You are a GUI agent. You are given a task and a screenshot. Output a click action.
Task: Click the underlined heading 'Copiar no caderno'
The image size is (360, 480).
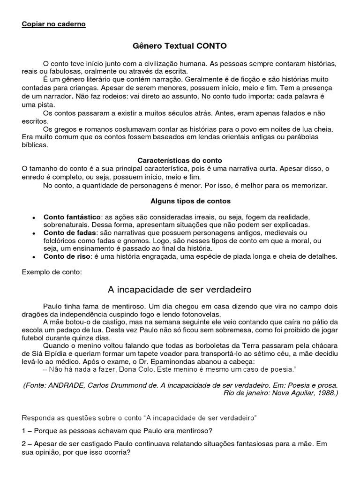(54, 24)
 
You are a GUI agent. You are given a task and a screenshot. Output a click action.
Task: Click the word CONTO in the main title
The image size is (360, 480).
(211, 46)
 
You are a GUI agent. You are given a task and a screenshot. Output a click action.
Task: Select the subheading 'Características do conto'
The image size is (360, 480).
(180, 160)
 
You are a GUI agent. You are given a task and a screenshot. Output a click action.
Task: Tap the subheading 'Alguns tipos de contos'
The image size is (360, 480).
(184, 201)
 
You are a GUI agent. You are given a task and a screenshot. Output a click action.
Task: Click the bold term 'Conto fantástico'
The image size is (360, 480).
(72, 217)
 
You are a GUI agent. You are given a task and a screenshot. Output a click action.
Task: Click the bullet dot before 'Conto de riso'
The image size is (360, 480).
(33, 257)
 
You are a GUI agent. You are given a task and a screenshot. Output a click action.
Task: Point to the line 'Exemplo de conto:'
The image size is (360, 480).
(52, 272)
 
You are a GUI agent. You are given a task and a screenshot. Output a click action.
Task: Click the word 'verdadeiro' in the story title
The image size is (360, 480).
(226, 289)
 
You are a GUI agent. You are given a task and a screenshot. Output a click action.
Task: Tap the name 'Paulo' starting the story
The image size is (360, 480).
(52, 306)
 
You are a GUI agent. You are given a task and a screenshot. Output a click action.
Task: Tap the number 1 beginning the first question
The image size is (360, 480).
(24, 431)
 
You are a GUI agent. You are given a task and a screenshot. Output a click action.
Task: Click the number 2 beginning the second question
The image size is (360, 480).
(24, 445)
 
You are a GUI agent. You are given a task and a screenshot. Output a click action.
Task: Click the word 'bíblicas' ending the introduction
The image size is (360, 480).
(35, 145)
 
